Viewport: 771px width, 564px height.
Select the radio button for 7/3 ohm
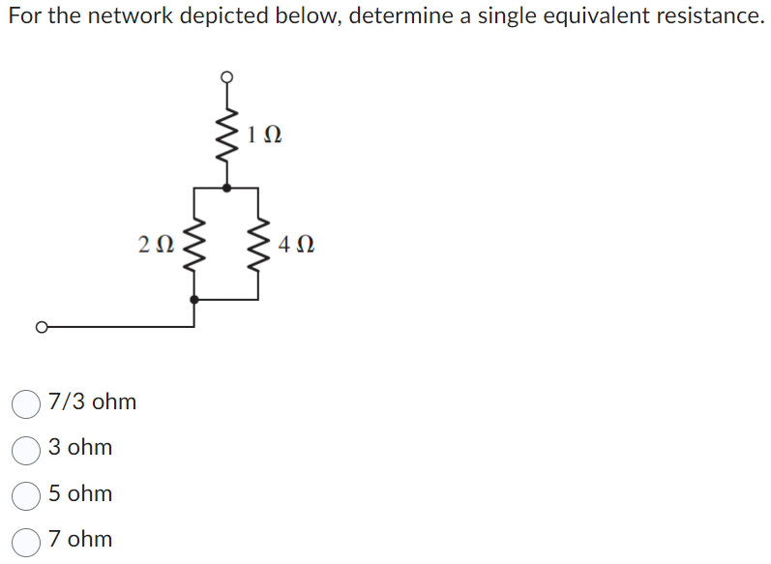click(26, 402)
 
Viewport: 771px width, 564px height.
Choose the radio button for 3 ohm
click(26, 449)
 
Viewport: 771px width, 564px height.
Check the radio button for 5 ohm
click(26, 494)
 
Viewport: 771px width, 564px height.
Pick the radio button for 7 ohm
click(26, 540)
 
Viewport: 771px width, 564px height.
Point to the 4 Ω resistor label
click(294, 245)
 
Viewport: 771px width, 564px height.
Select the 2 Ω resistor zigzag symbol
click(195, 245)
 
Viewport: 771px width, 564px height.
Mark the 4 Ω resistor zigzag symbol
click(258, 245)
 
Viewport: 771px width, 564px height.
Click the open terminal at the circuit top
click(227, 76)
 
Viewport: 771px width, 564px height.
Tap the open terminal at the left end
click(41, 327)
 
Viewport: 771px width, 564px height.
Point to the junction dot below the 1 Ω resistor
click(227, 188)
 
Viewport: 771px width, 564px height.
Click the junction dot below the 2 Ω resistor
click(195, 300)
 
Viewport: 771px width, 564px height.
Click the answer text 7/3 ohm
click(92, 401)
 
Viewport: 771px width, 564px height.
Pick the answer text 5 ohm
click(80, 493)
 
